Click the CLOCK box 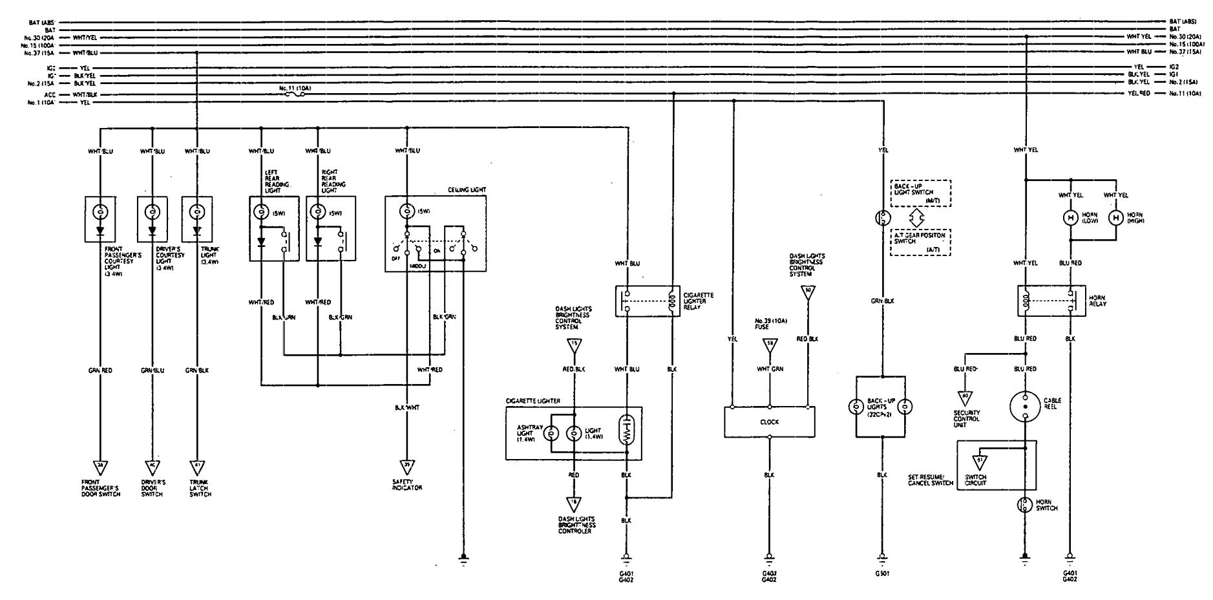pyautogui.click(x=769, y=422)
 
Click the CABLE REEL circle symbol pyautogui.click(x=1025, y=405)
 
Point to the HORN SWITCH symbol pyautogui.click(x=1025, y=505)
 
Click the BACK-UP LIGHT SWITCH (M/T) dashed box pyautogui.click(x=920, y=193)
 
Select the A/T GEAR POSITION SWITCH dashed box pyautogui.click(x=920, y=242)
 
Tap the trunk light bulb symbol pyautogui.click(x=196, y=212)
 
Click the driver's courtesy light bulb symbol pyautogui.click(x=152, y=212)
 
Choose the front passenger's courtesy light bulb pyautogui.click(x=101, y=212)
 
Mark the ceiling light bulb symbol pyautogui.click(x=406, y=211)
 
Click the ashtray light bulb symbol pyautogui.click(x=551, y=434)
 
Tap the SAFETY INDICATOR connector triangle pyautogui.click(x=407, y=466)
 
